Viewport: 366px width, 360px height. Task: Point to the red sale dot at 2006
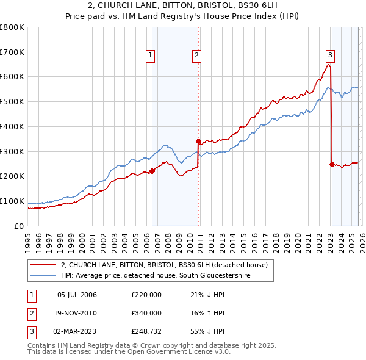[152, 171]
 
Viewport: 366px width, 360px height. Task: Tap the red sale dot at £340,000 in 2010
[198, 141]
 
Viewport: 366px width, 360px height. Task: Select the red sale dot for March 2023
[332, 164]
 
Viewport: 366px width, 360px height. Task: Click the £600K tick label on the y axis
[12, 77]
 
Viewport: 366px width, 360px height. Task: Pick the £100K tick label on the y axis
[12, 201]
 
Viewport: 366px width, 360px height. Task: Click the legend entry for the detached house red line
[164, 265]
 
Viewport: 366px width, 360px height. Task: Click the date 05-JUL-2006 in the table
[77, 295]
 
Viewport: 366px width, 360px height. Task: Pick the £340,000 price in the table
[146, 312]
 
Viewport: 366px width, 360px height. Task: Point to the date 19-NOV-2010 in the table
[77, 312]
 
